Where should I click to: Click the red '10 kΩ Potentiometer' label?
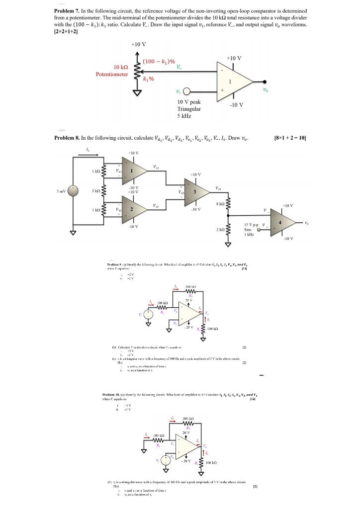112,70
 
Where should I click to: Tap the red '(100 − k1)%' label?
159,61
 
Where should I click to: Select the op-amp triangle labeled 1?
234,81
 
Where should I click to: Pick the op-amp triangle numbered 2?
131,210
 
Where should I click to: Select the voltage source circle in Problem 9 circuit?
148,315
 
